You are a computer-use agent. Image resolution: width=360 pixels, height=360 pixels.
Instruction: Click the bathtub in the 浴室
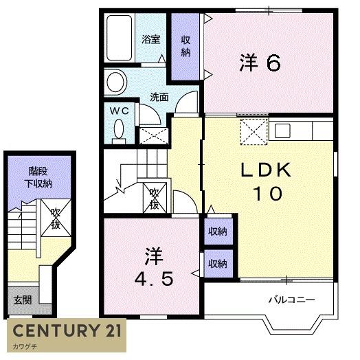[x=120, y=38]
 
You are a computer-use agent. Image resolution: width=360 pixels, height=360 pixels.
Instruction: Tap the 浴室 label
[x=151, y=39]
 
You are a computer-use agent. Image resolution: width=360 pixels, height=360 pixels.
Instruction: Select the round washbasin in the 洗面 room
[x=116, y=82]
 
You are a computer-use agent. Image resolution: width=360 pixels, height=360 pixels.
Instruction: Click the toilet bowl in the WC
[x=119, y=128]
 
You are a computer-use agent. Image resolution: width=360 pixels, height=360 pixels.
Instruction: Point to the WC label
[x=119, y=111]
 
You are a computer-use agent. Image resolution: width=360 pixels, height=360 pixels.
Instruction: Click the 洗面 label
[x=159, y=97]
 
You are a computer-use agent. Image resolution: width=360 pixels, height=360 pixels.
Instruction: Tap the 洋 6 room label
[x=260, y=63]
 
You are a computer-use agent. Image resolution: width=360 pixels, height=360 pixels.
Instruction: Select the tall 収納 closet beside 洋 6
[x=185, y=47]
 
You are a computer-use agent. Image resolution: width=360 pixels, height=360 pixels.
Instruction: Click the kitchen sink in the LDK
[x=282, y=131]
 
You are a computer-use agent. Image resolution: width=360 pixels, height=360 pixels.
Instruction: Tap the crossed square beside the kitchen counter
[x=254, y=132]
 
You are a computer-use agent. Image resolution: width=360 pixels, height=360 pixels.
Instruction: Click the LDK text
[x=266, y=170]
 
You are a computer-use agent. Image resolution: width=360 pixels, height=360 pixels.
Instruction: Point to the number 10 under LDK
[x=267, y=193]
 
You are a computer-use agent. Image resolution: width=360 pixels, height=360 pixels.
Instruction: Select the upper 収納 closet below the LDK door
[x=218, y=232]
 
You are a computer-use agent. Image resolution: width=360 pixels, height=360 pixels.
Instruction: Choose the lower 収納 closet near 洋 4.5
[x=218, y=264]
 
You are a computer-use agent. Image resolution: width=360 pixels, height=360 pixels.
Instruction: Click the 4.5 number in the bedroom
[x=154, y=280]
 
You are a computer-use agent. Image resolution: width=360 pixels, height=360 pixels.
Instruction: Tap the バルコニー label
[x=291, y=300]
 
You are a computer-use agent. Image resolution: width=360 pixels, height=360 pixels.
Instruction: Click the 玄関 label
[x=22, y=300]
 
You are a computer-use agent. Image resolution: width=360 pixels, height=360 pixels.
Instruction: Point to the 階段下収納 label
[x=38, y=177]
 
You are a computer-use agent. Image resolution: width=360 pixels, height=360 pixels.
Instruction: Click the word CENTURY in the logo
[x=56, y=331]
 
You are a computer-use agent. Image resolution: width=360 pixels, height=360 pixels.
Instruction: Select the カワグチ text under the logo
[x=25, y=346]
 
